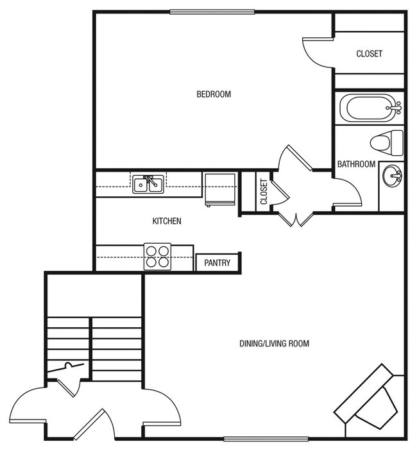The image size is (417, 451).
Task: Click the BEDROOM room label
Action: point(213,94)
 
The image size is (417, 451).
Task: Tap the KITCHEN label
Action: point(166,221)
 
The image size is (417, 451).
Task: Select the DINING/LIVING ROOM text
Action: point(274,344)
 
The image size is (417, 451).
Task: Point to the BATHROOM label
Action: point(356,164)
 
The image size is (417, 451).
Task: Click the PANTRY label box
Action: point(217,263)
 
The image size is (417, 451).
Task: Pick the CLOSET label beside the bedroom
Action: point(369,54)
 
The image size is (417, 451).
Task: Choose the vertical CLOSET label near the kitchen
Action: point(264,192)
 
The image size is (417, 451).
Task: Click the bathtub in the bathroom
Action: point(368,108)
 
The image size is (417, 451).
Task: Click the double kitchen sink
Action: point(148,185)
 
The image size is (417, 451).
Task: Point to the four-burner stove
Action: point(157,257)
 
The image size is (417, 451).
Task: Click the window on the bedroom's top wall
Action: point(212,12)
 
